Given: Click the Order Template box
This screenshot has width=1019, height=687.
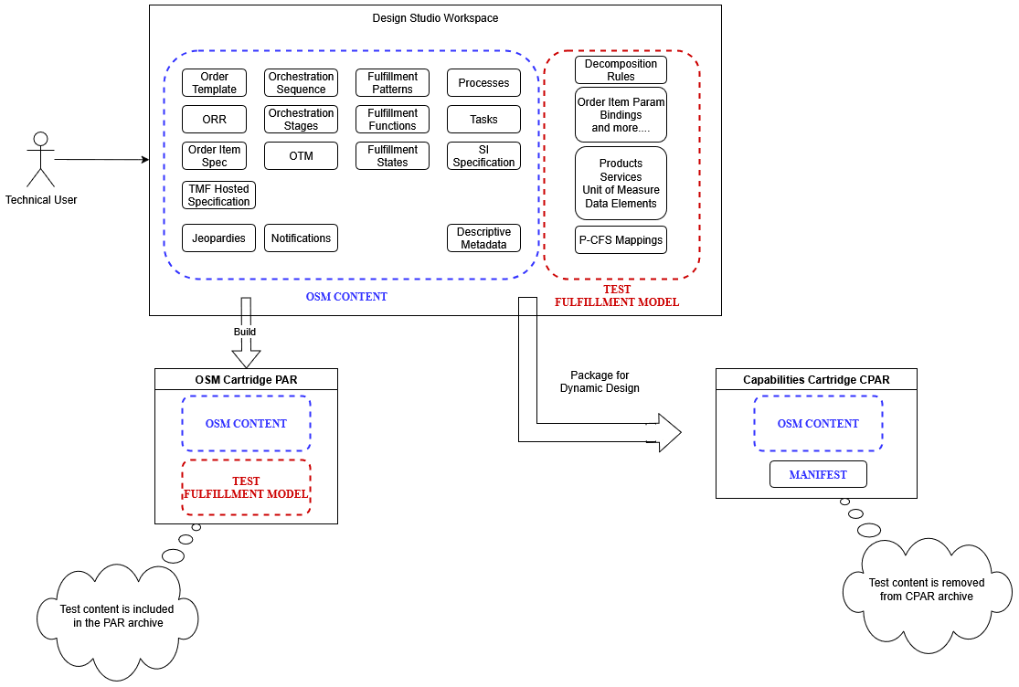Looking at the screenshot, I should pyautogui.click(x=215, y=83).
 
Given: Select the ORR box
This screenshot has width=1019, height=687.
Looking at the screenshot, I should pyautogui.click(x=215, y=120).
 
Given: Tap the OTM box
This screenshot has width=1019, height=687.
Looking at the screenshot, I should pyautogui.click(x=301, y=156).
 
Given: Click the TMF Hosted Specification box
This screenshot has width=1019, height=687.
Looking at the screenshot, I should pyautogui.click(x=218, y=196).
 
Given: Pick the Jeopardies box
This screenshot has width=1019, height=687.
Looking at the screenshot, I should pyautogui.click(x=218, y=238).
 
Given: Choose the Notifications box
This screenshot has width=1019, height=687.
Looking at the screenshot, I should pyautogui.click(x=301, y=238).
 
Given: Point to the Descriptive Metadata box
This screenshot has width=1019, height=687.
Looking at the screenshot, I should pyautogui.click(x=483, y=238).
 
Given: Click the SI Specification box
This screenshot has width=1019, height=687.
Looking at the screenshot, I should pyautogui.click(x=483, y=156).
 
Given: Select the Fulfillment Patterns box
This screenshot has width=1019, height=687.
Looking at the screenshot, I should pyautogui.click(x=392, y=83).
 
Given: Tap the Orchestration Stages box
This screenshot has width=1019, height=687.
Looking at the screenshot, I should pyautogui.click(x=301, y=120).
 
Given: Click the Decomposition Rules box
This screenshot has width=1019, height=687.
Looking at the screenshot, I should pyautogui.click(x=621, y=70).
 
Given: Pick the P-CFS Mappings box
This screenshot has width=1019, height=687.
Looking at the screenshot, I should pyautogui.click(x=621, y=240).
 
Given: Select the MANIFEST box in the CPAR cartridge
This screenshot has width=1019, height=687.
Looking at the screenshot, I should pyautogui.click(x=818, y=475).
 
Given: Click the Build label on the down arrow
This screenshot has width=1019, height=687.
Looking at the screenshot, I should pyautogui.click(x=245, y=332).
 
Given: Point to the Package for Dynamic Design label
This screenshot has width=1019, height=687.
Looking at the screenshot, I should pyautogui.click(x=600, y=382).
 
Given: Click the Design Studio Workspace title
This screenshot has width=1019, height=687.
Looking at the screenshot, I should pyautogui.click(x=435, y=18).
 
